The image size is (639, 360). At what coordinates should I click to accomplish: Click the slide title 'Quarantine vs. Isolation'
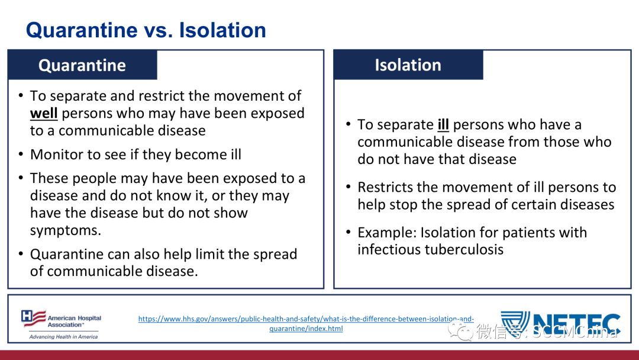[146, 30]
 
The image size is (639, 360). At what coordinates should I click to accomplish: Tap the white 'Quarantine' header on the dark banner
[82, 65]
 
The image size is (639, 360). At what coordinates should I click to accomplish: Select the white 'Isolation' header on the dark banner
[408, 65]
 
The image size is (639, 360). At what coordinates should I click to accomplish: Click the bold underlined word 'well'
[44, 113]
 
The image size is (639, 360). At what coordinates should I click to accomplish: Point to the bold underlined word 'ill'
[443, 125]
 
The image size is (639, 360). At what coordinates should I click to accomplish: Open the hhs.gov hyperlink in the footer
[306, 324]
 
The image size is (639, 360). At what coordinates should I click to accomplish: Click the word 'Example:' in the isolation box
[387, 233]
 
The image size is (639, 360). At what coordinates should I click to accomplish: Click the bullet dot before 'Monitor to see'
[21, 155]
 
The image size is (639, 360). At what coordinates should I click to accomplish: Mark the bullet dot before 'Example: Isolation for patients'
[348, 232]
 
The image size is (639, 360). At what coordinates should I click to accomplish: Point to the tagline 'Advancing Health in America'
[63, 337]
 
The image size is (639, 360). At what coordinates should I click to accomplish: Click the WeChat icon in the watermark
[460, 331]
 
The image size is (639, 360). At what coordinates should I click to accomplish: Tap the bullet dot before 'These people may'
[21, 178]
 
